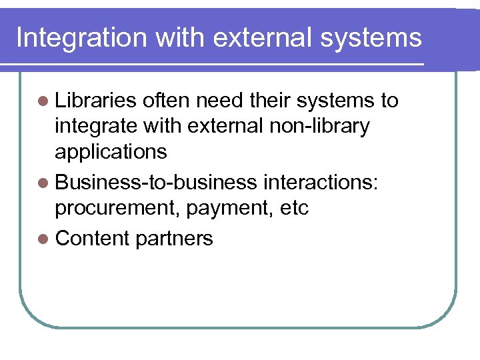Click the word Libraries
pos(95,101)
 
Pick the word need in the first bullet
pos(219,101)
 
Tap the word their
pos(270,101)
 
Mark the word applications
pos(111,152)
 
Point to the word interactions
pos(321,182)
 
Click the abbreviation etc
pos(293,208)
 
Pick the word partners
pos(174,239)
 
